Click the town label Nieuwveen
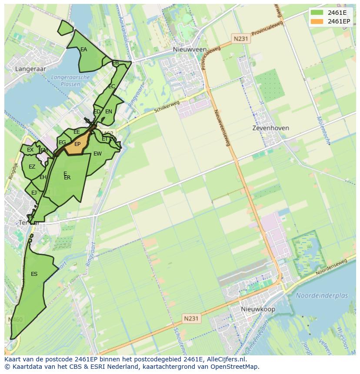pos(190,50)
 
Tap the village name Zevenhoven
pos(271,128)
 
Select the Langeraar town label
pos(30,69)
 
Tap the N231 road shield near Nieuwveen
pos(240,39)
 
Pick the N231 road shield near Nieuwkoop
pos(191,318)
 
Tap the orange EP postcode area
pos(77,145)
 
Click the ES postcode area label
pos(34,274)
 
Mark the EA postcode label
pos(83,50)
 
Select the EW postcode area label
pos(97,154)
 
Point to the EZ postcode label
pos(32,167)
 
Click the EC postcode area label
pos(111,86)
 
